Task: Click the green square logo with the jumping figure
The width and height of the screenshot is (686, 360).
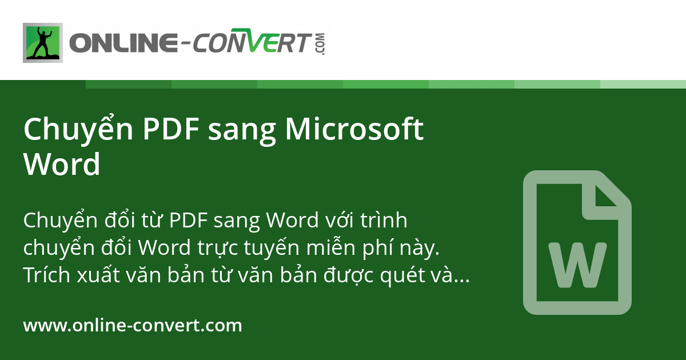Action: [43, 43]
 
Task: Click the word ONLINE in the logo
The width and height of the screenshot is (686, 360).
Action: [123, 42]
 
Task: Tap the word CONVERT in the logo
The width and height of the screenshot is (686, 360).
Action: [252, 41]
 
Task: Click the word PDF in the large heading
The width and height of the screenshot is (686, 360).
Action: [171, 129]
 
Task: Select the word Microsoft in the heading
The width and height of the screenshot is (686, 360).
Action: [354, 129]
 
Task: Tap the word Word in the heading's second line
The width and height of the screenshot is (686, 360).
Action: [62, 164]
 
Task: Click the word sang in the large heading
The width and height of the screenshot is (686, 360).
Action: [242, 132]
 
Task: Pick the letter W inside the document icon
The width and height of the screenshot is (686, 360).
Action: [577, 265]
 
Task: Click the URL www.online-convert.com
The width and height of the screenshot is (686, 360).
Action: [133, 325]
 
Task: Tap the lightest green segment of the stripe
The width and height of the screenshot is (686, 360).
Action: [643, 84]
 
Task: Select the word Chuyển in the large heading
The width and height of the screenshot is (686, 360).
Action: [78, 130]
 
